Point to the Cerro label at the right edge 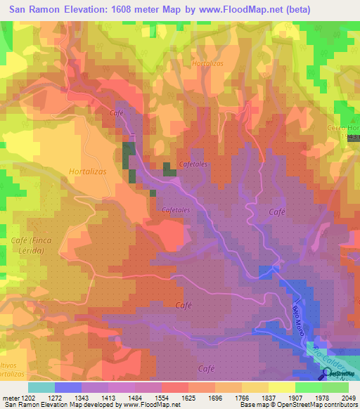coord(344,128)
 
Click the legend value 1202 coord(27,397)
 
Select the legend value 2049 coord(347,397)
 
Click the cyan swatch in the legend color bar coord(41,387)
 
